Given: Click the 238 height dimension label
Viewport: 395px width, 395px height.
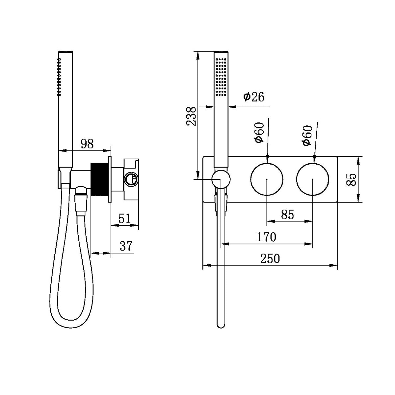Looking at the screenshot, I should pos(192,116).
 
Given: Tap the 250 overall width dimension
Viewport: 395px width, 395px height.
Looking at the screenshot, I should pos(270,258).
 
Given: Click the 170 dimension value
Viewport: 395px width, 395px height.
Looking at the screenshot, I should pos(267,237).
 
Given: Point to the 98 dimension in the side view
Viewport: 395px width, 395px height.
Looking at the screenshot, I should pos(87,144).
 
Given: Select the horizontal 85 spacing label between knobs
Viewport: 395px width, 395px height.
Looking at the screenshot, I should pos(287,215).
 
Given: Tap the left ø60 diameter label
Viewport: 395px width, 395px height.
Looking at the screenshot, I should pos(259,132).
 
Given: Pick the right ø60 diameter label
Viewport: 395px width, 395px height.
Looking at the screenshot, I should pos(306,135).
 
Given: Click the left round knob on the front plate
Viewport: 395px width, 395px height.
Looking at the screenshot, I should pos(267,179).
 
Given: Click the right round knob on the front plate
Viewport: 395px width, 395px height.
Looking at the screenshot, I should pos(312,179).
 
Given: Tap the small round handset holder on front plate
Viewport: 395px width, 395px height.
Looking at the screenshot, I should pos(221,179).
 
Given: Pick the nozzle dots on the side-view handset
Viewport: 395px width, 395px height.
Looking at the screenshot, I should pos(59,77).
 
